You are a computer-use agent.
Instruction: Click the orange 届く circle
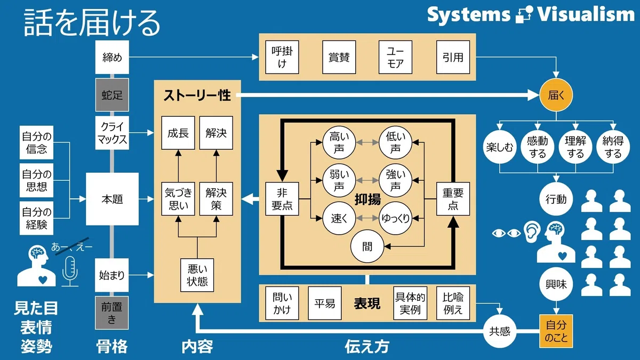click(556, 95)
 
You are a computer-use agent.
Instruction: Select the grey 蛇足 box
click(112, 95)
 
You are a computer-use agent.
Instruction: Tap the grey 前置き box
click(111, 313)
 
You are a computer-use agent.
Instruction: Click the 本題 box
click(113, 199)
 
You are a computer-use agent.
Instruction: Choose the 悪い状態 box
click(197, 275)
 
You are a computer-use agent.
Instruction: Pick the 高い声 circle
click(339, 142)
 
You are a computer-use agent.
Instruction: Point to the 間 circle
click(367, 246)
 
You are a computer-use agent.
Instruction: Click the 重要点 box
click(453, 199)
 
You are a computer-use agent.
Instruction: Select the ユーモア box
click(395, 57)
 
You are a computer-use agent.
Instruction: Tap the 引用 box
click(453, 57)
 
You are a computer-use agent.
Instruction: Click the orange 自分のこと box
click(556, 331)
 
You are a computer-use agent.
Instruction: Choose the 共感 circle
click(500, 331)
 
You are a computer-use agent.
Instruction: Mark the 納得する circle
click(613, 147)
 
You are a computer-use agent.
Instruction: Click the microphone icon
click(70, 271)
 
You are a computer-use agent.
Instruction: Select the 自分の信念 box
click(37, 142)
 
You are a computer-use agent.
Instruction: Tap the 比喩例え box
click(453, 303)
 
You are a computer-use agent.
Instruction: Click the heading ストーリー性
click(197, 95)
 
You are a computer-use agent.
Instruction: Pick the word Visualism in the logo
click(586, 14)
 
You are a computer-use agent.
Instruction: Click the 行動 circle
click(556, 199)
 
